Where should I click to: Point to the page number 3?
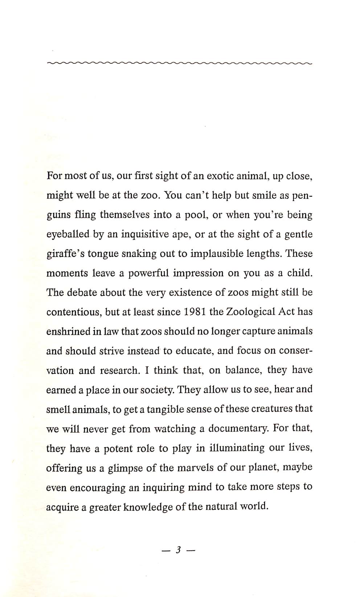(x=178, y=550)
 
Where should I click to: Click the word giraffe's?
(x=64, y=254)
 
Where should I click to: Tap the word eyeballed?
(x=68, y=234)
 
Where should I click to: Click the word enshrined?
(x=69, y=332)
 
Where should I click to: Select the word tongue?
(x=103, y=254)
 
